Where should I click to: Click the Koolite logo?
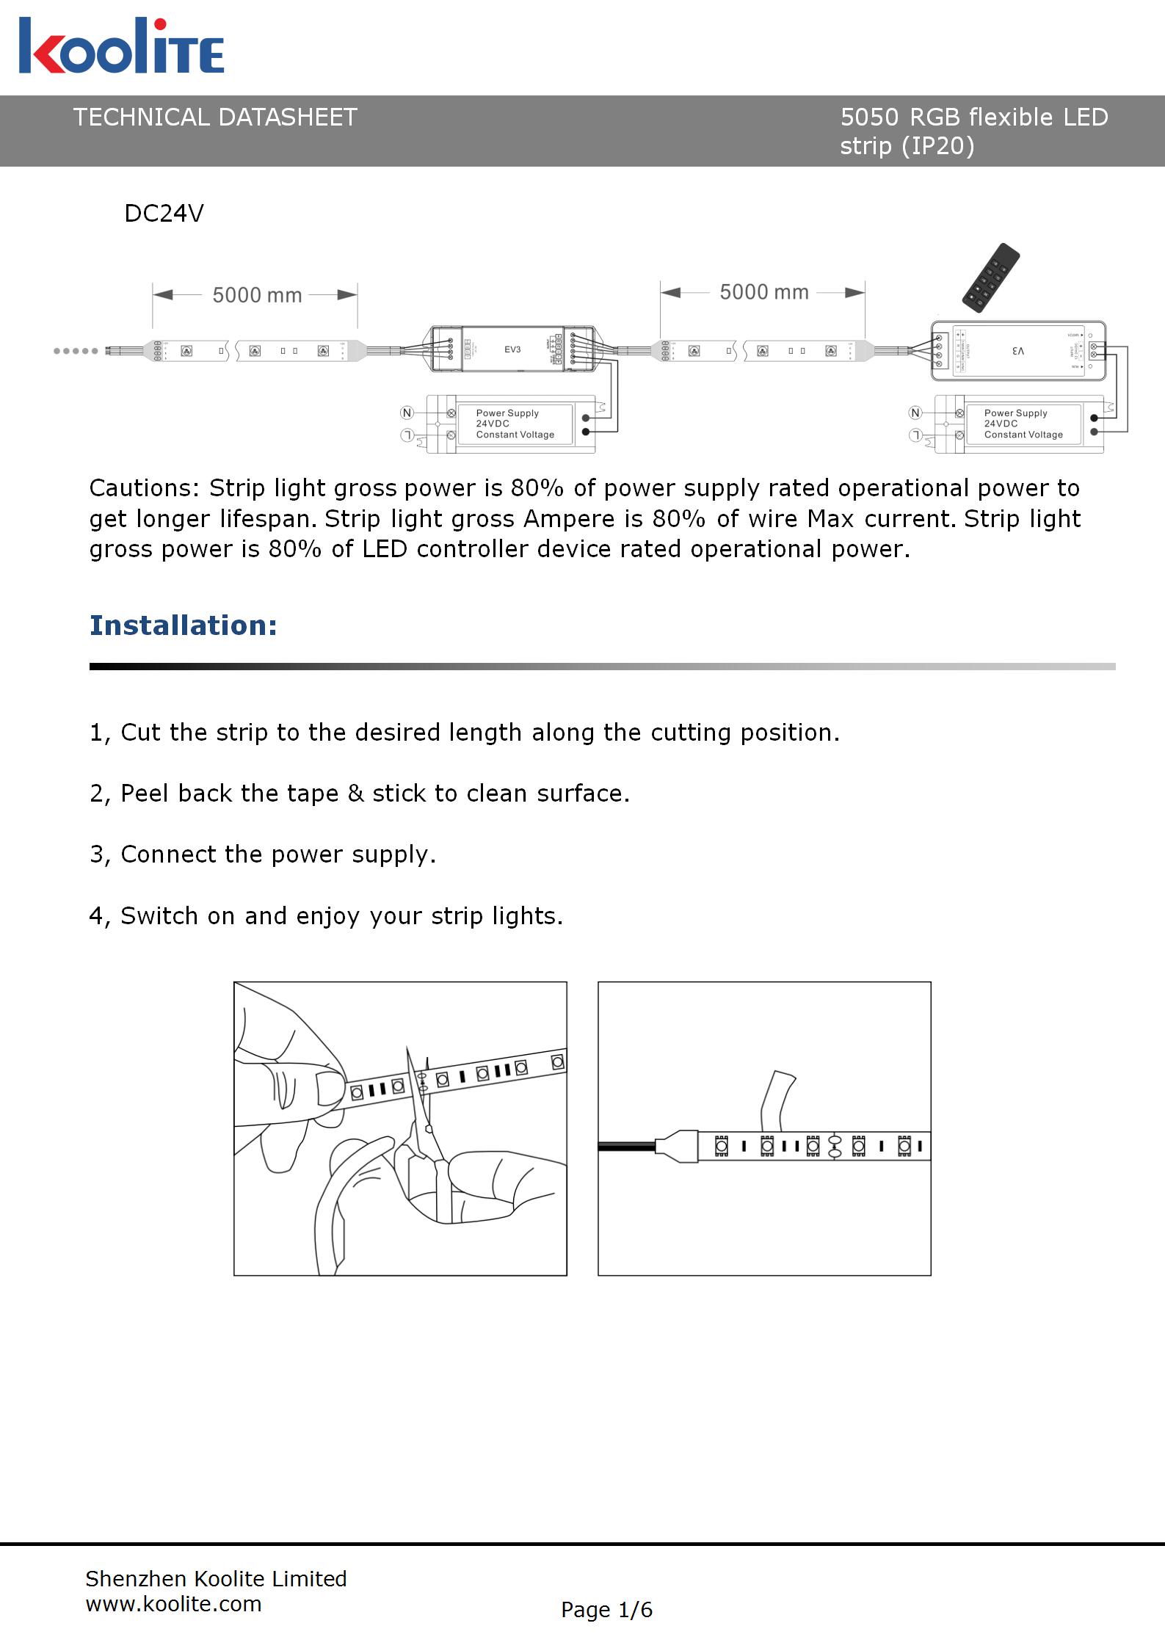(x=121, y=47)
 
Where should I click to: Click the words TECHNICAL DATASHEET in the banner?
(x=215, y=117)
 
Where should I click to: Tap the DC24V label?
(x=164, y=214)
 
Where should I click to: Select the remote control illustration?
(x=991, y=275)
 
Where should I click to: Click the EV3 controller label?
(x=512, y=349)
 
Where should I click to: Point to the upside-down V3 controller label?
(x=1017, y=352)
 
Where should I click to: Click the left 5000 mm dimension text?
(x=257, y=295)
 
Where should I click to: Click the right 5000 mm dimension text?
(x=763, y=292)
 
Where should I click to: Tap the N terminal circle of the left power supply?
(x=407, y=413)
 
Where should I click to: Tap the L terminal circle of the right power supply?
(x=915, y=435)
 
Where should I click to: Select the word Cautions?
(x=144, y=488)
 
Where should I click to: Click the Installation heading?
(x=184, y=625)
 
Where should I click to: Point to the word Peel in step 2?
(x=145, y=794)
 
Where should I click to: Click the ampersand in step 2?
(x=355, y=794)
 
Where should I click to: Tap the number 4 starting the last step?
(x=96, y=916)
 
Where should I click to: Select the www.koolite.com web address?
(x=173, y=1604)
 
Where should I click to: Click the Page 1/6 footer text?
(x=606, y=1610)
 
